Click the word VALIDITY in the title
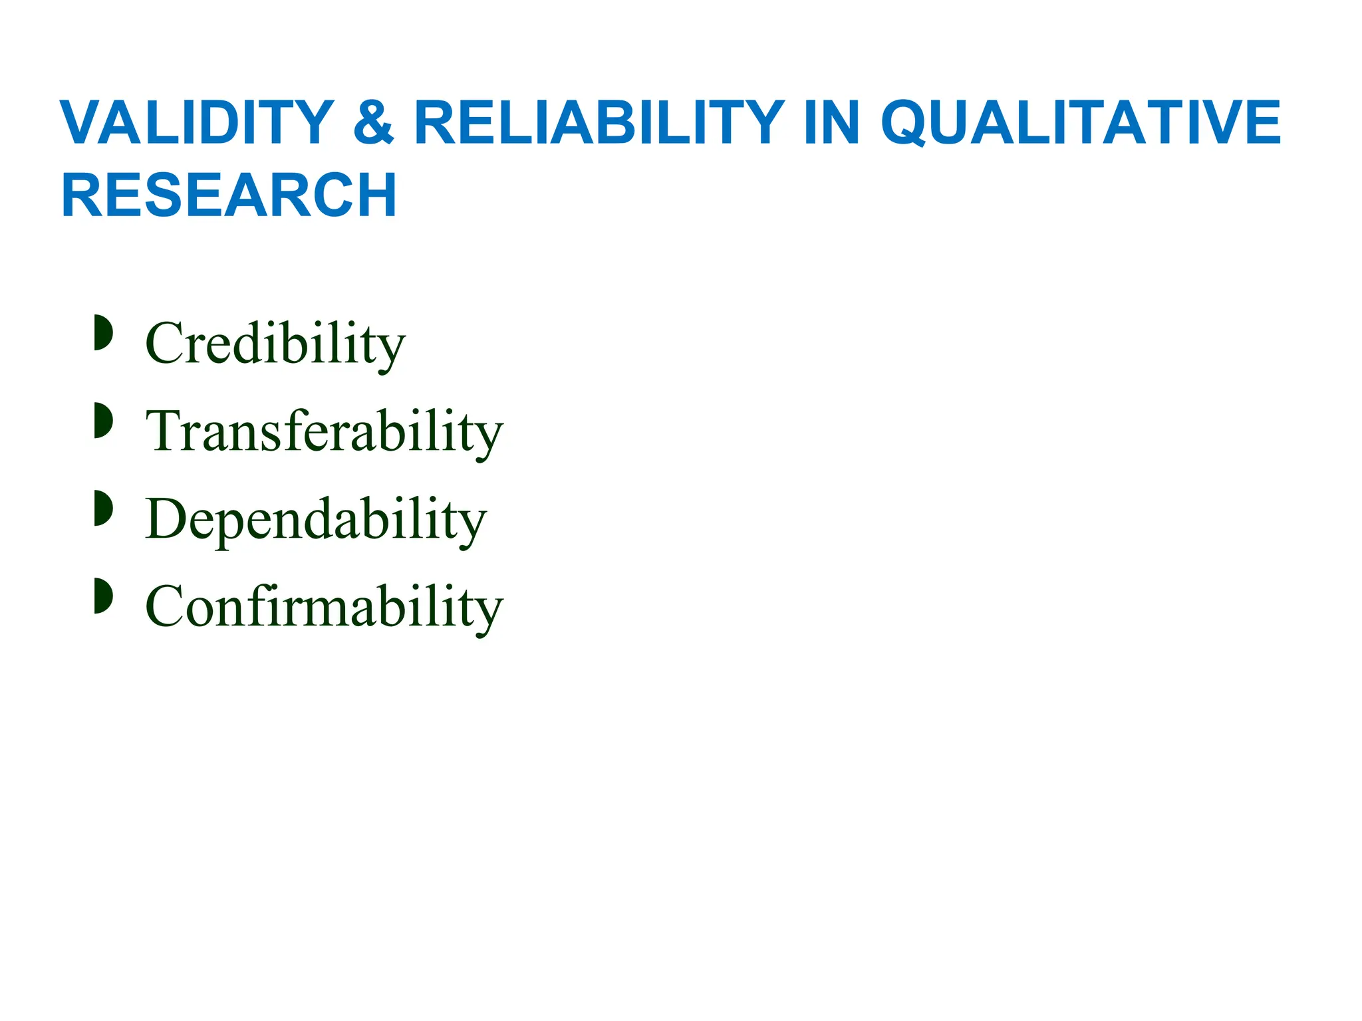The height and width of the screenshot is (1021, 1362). pyautogui.click(x=197, y=122)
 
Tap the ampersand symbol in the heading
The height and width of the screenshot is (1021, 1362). pyautogui.click(x=374, y=122)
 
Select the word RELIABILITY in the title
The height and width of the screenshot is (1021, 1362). pyautogui.click(x=599, y=122)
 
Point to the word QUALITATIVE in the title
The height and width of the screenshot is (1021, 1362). pyautogui.click(x=1080, y=124)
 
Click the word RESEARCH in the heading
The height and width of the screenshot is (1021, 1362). pyautogui.click(x=229, y=195)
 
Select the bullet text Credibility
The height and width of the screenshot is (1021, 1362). pyautogui.click(x=275, y=344)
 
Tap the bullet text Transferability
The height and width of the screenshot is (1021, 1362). pyautogui.click(x=325, y=432)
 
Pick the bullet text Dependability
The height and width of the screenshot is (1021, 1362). pyautogui.click(x=316, y=520)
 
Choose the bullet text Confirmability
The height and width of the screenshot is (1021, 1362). pyautogui.click(x=325, y=607)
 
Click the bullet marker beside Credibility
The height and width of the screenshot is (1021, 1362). pyautogui.click(x=103, y=332)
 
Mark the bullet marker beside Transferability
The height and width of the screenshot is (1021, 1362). pyautogui.click(x=103, y=420)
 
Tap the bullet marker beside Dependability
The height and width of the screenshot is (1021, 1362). pyautogui.click(x=103, y=508)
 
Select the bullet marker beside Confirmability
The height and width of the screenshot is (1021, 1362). pyautogui.click(x=103, y=596)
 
